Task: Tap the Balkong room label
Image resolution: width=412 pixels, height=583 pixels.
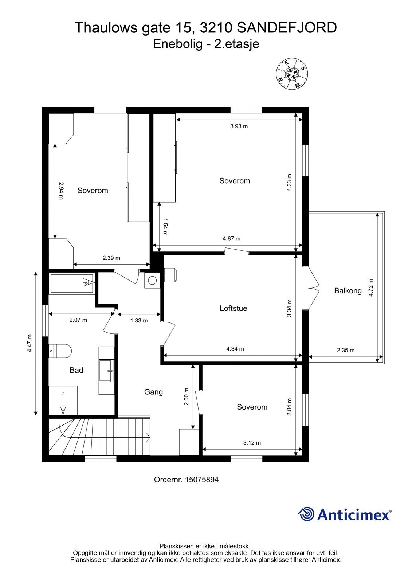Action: point(348,291)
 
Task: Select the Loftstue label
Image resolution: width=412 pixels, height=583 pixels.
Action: point(234,308)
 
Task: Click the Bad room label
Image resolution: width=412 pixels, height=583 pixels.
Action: point(76,370)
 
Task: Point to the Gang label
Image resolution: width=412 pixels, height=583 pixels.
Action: point(153,392)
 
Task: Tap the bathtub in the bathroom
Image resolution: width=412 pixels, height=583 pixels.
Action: point(72,284)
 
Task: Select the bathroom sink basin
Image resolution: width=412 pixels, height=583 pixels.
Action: point(107,371)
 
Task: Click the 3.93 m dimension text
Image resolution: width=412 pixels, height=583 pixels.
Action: point(239,126)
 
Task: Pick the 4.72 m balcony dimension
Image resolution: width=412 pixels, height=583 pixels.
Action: point(371,288)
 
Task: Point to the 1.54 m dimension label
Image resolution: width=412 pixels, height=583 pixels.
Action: point(165,227)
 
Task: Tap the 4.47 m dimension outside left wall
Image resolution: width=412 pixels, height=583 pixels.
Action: point(30,343)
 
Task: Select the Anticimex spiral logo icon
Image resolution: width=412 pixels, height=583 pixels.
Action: point(306,514)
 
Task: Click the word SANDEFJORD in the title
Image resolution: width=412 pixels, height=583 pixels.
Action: point(287,28)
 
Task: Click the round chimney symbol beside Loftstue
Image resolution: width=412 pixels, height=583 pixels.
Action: point(152,281)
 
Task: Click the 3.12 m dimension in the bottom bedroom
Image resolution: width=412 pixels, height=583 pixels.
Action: point(252,443)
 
